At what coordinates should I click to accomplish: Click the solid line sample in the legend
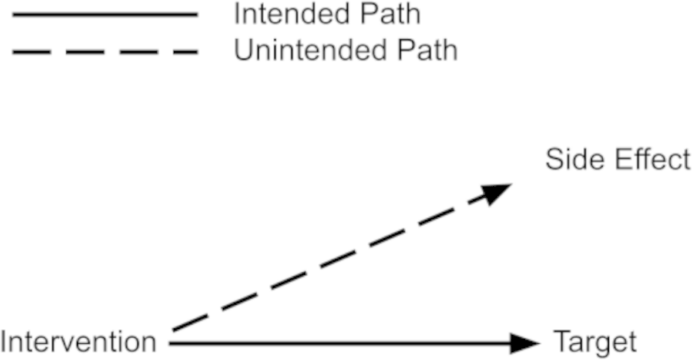(x=105, y=15)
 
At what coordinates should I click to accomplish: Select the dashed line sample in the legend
(x=105, y=52)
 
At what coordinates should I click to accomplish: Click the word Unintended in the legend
(x=315, y=51)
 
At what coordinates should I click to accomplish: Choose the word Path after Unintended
(x=428, y=51)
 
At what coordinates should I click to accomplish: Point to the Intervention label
(x=78, y=342)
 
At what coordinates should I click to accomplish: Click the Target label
(x=595, y=342)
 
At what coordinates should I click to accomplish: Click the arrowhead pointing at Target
(x=526, y=344)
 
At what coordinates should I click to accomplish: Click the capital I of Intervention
(x=5, y=342)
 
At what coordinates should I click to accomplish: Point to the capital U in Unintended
(x=243, y=51)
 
